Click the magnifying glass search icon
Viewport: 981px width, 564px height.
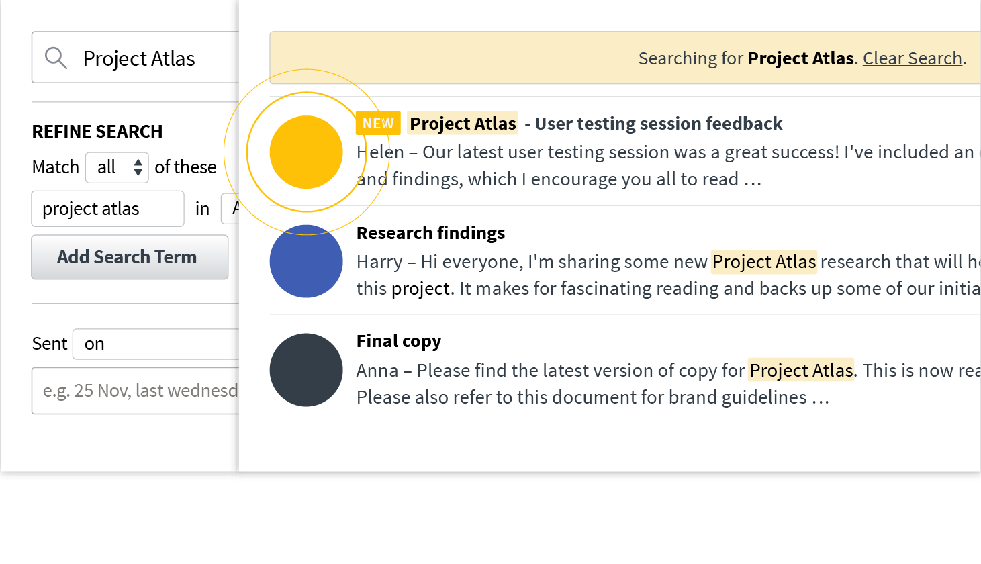[56, 58]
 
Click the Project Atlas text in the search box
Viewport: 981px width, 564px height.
[139, 59]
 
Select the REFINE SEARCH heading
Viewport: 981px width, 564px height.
[97, 132]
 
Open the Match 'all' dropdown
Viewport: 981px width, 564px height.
[117, 167]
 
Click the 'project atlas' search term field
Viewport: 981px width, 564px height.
[107, 209]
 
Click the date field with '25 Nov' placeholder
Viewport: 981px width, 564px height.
[138, 391]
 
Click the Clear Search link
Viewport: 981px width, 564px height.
[913, 58]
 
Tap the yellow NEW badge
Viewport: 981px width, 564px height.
[378, 124]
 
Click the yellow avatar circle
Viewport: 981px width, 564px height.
[306, 152]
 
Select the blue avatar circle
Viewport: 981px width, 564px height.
[306, 261]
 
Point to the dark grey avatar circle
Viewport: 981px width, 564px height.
[306, 370]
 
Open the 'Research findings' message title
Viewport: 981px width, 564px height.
[430, 233]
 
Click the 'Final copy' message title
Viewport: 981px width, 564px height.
[399, 341]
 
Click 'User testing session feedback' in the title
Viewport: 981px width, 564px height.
[658, 124]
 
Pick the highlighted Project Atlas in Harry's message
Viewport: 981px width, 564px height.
[764, 261]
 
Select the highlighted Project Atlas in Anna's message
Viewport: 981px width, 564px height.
[801, 370]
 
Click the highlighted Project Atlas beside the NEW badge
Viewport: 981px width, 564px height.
[463, 124]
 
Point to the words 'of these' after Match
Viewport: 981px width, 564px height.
[185, 167]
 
